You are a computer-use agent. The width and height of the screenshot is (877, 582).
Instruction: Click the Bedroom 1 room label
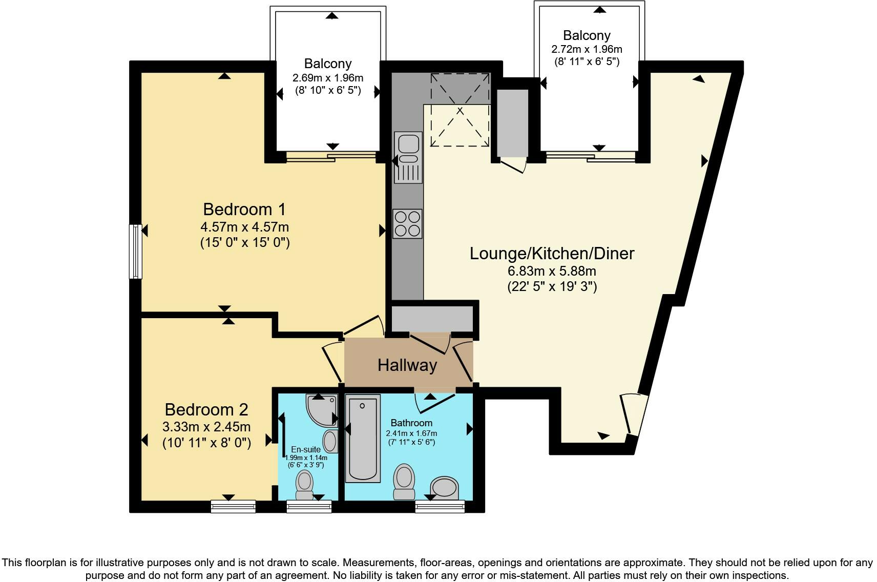[x=244, y=210]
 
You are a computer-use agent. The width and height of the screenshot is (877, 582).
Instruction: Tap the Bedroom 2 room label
[x=206, y=410]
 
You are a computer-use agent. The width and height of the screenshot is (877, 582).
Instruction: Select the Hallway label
[x=407, y=365]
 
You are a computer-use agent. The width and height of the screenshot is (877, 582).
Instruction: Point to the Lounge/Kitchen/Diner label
[x=552, y=254]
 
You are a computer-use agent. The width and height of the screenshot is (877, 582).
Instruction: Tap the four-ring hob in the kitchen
[x=408, y=224]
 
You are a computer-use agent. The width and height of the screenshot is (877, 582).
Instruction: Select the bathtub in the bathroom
[x=363, y=438]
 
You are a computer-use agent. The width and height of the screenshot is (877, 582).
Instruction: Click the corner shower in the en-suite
[x=322, y=410]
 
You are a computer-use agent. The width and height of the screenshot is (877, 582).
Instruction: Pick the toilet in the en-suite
[x=305, y=485]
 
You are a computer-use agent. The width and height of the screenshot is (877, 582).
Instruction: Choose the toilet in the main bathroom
[x=404, y=482]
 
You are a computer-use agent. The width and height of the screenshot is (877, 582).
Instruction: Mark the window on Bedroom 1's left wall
[x=136, y=252]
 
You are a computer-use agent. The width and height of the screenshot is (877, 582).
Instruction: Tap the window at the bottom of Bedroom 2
[x=234, y=506]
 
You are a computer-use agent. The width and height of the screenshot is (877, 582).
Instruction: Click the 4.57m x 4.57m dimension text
[x=245, y=227]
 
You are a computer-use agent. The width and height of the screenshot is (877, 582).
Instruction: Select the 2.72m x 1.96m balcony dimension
[x=587, y=49]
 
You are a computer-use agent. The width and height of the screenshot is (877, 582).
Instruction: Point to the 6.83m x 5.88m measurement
[x=552, y=271]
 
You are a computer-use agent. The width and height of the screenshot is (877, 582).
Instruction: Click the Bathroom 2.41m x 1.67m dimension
[x=411, y=433]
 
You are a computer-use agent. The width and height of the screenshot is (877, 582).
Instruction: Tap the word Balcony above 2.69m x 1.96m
[x=328, y=64]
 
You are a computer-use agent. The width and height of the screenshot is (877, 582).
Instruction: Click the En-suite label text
[x=306, y=450]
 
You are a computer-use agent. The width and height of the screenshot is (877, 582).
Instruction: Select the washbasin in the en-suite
[x=330, y=441]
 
